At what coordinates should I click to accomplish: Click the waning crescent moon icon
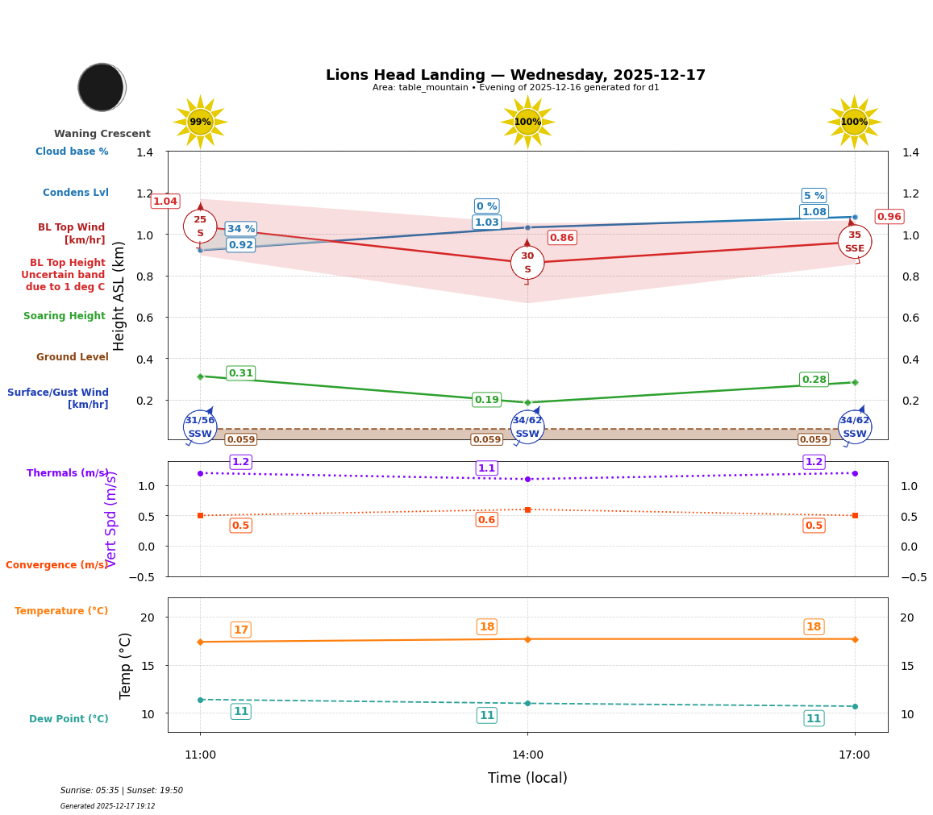point(102,87)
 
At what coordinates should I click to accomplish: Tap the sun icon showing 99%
point(200,122)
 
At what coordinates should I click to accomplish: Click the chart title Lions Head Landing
point(515,75)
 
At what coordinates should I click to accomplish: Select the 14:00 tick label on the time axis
point(527,755)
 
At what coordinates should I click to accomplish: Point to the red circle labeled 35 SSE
point(854,242)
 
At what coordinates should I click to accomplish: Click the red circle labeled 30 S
point(527,263)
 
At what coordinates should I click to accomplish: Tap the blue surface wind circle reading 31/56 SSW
point(200,427)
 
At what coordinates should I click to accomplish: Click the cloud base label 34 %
point(241,229)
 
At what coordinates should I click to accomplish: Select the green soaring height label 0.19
point(486,400)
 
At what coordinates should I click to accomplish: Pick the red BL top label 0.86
point(562,238)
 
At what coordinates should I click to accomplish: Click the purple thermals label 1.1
point(486,468)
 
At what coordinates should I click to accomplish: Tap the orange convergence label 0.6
point(486,520)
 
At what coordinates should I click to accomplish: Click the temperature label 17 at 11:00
point(240,630)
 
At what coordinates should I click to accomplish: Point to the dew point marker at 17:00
point(855,706)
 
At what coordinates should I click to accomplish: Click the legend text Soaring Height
point(65,316)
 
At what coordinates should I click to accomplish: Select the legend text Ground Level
point(73,357)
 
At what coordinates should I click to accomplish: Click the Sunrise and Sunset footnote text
point(122,791)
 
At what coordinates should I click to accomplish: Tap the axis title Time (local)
point(527,778)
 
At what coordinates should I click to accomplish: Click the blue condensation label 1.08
point(814,212)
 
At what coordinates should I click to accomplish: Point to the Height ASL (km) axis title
point(119,296)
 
